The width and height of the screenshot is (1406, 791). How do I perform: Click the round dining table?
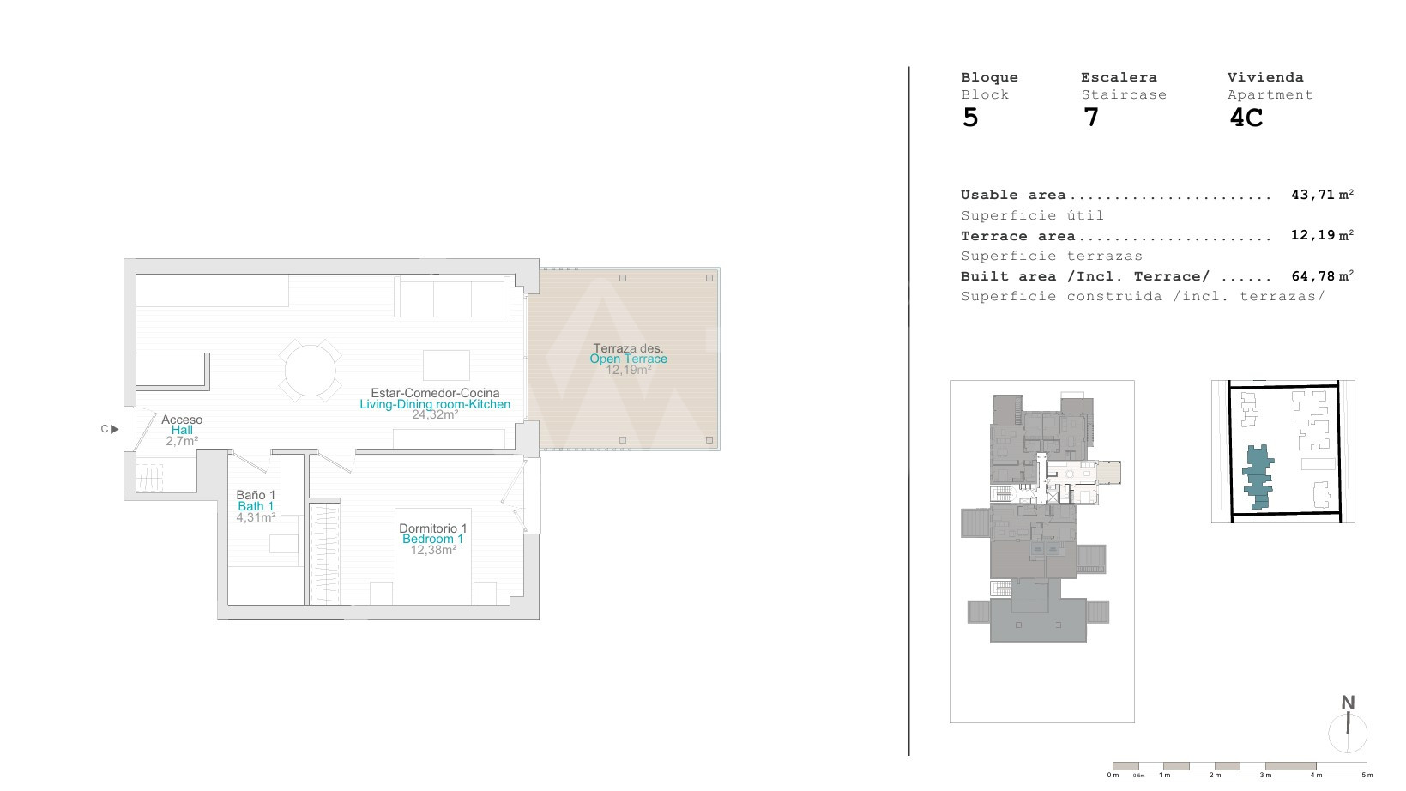tap(310, 371)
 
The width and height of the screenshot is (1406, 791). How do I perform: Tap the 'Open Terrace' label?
tap(628, 359)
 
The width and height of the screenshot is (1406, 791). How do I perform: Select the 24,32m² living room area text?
tap(435, 415)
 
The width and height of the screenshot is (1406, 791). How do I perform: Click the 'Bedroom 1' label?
tap(432, 540)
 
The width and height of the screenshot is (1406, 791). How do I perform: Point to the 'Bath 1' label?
tap(256, 507)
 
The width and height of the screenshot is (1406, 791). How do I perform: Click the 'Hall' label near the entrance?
tap(182, 430)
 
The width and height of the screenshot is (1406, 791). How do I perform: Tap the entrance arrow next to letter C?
tap(114, 430)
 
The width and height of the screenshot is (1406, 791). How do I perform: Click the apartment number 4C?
tap(1246, 118)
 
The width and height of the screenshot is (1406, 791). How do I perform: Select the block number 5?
tap(970, 118)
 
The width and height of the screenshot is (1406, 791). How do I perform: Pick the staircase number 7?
tap(1091, 118)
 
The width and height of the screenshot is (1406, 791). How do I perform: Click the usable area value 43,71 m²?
tap(1322, 195)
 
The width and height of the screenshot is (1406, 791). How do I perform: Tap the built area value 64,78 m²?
tap(1322, 276)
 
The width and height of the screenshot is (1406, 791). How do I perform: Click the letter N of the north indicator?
tap(1348, 703)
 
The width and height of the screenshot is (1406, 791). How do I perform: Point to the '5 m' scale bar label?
tap(1367, 776)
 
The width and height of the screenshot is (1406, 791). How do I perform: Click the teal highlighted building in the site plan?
tap(1258, 476)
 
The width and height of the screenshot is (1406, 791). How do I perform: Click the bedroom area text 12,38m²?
tap(433, 551)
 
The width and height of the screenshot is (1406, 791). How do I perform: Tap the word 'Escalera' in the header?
tap(1119, 77)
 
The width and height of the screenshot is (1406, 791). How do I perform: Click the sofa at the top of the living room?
tap(452, 296)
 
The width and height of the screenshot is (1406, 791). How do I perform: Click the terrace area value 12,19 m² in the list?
tap(1322, 235)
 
